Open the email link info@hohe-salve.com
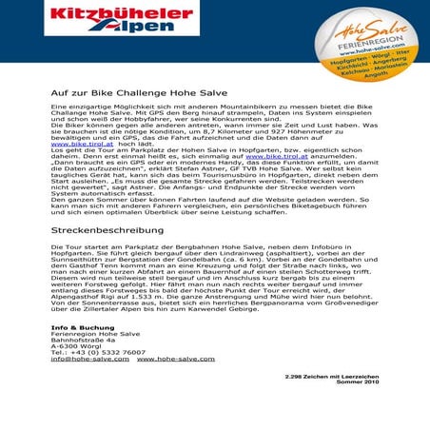tap(90, 360)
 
